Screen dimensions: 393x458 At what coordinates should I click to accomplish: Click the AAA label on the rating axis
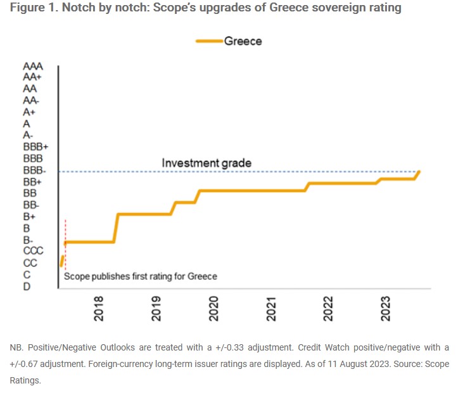pos(34,66)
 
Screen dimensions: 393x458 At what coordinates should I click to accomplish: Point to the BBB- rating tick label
pos(34,170)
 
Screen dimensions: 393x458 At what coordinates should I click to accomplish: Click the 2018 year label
pos(99,308)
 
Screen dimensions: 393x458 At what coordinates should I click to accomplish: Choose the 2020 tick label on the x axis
pos(214,308)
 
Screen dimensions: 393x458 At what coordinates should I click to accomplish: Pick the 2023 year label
pos(386,308)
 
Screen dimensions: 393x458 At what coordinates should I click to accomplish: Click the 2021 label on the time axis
pos(272,308)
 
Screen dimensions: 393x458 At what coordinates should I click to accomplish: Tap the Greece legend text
pos(243,41)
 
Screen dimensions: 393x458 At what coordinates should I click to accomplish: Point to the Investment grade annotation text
pos(207,163)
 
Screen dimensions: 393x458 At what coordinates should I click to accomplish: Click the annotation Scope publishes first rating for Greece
pos(141,276)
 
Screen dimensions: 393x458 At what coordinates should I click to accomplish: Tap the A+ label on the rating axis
pos(29,112)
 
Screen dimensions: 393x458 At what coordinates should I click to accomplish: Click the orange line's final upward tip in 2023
pos(419,171)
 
